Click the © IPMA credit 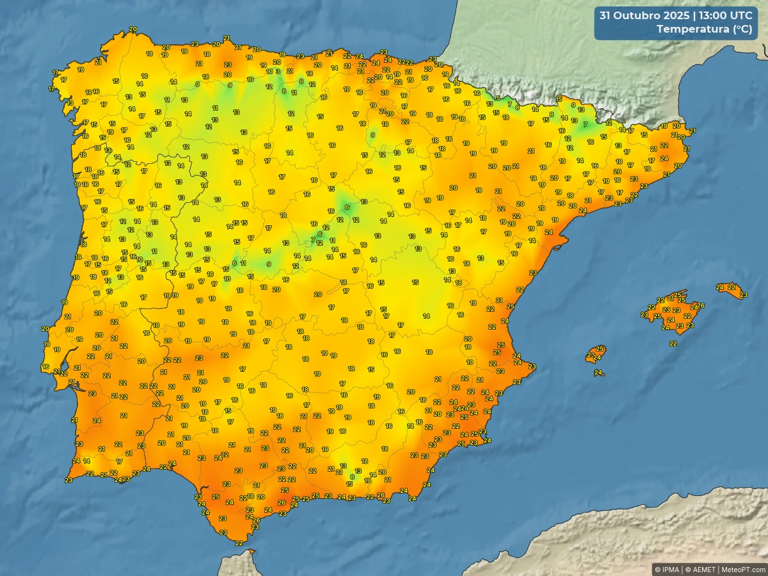click(x=667, y=569)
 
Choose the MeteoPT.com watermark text click(x=743, y=569)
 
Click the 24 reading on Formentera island click(x=598, y=372)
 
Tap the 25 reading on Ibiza click(x=600, y=349)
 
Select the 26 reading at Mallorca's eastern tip click(x=701, y=305)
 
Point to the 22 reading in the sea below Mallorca click(x=673, y=344)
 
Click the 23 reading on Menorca click(x=743, y=295)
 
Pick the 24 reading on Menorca click(x=720, y=287)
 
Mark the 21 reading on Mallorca click(x=671, y=298)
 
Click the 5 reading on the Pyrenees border click(x=498, y=98)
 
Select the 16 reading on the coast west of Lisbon click(x=45, y=367)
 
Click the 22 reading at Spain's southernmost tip click(x=238, y=543)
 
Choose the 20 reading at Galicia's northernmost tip click(x=132, y=29)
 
